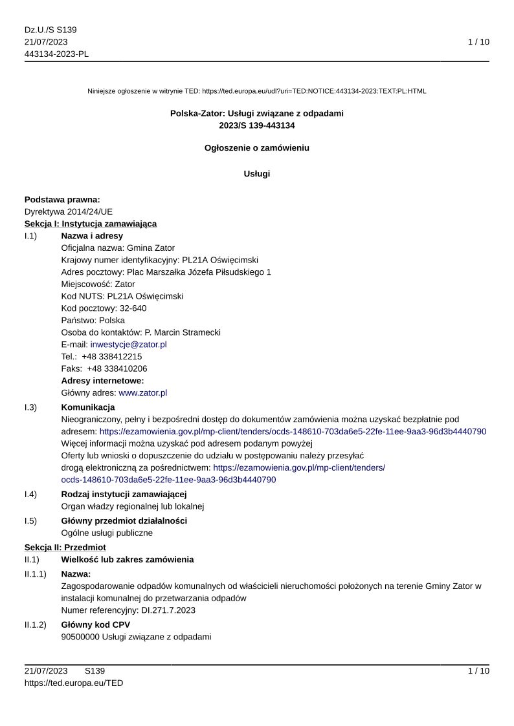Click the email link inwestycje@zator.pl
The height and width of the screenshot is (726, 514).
(x=128, y=345)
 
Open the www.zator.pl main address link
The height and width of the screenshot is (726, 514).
(x=142, y=392)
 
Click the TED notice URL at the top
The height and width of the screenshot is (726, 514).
(x=314, y=91)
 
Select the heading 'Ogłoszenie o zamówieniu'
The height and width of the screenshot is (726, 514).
(x=257, y=148)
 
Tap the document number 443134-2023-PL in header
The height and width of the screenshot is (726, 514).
(x=56, y=54)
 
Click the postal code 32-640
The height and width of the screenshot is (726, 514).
(x=133, y=308)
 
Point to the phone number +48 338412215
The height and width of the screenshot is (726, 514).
(x=112, y=356)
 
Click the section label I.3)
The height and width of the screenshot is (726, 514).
(x=30, y=407)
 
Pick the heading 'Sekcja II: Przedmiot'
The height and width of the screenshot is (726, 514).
(x=65, y=548)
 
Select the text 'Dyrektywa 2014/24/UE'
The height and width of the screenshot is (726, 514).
(x=69, y=211)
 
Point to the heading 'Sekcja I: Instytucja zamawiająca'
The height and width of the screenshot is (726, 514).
(x=91, y=224)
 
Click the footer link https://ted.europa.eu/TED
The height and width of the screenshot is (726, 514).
(x=74, y=683)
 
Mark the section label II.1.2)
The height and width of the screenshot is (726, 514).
(x=36, y=625)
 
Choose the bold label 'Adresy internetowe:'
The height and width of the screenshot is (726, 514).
(x=102, y=381)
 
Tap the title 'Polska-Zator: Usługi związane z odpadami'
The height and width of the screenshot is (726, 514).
(x=257, y=113)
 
